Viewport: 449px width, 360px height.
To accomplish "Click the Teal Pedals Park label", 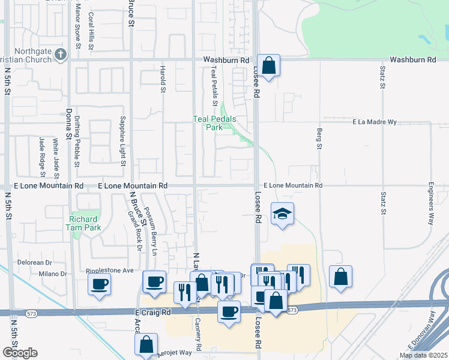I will [x=214, y=123].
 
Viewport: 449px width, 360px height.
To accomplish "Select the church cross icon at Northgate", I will [x=60, y=55].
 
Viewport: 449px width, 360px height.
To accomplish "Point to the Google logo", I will [x=20, y=353].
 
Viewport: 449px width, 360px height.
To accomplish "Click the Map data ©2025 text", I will [x=423, y=355].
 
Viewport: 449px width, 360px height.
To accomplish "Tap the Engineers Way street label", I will [x=431, y=203].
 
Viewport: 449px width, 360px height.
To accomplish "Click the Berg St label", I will [x=319, y=137].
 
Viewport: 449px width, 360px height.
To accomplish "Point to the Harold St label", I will [x=163, y=79].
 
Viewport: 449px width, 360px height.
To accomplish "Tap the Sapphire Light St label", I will [x=122, y=142].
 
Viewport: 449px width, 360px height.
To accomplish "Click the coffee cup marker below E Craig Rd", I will [x=228, y=311].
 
